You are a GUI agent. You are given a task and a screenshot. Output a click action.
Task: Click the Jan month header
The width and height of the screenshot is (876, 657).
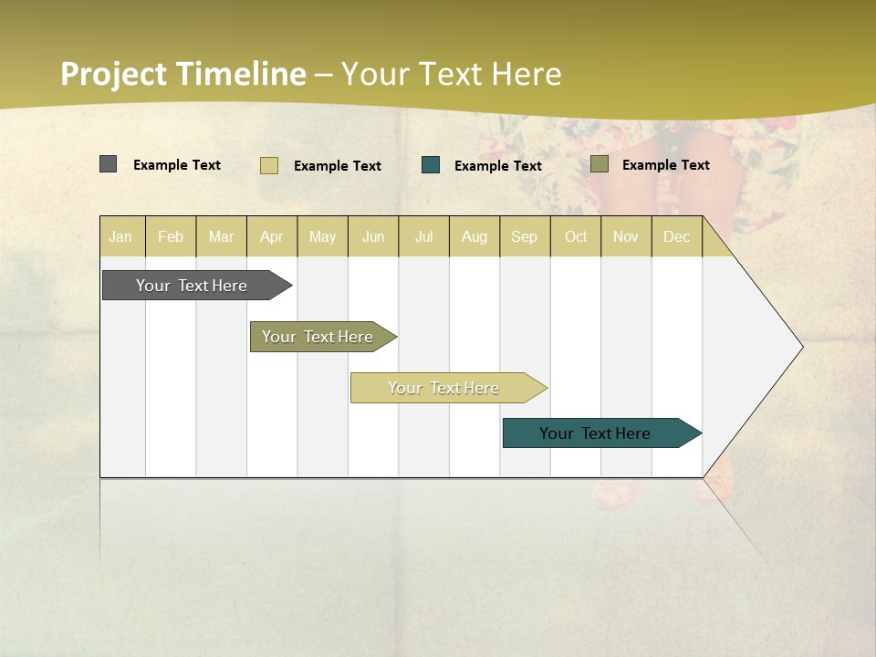[120, 236]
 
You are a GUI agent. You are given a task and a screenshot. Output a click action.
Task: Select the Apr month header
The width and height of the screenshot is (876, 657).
[272, 236]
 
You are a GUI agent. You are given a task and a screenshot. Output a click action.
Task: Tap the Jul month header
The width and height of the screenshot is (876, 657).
[424, 236]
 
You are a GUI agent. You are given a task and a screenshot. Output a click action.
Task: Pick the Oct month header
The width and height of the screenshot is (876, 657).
[576, 236]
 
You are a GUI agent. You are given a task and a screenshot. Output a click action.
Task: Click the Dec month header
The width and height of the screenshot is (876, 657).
[677, 236]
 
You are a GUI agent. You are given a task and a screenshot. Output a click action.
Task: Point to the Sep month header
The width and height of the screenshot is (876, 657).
[525, 236]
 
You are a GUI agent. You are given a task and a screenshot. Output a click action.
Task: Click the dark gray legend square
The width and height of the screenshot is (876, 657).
[109, 164]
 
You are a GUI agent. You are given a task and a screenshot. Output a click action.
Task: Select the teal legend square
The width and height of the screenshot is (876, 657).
[431, 165]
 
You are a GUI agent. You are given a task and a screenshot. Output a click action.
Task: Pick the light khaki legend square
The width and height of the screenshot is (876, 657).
[269, 165]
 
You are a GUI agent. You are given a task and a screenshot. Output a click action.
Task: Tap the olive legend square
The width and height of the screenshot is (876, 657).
[600, 164]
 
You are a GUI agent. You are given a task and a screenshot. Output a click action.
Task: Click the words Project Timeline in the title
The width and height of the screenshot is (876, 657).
[183, 74]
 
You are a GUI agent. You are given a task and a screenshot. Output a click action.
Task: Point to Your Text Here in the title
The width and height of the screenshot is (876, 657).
[452, 74]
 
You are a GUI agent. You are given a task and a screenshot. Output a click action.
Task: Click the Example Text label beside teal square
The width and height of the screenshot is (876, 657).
[498, 166]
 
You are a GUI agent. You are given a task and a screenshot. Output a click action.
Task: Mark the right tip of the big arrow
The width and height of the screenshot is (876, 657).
[800, 347]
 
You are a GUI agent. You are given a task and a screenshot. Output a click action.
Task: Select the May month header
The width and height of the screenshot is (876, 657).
[322, 236]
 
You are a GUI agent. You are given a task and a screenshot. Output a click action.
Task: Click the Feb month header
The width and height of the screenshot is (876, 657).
[171, 236]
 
